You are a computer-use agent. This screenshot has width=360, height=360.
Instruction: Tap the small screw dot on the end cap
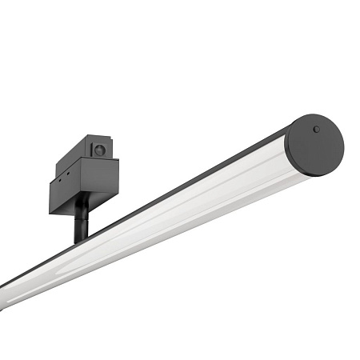coord(316,129)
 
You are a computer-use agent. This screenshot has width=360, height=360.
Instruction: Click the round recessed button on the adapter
coord(99,150)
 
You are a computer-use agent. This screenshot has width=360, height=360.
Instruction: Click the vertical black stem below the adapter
coord(81,224)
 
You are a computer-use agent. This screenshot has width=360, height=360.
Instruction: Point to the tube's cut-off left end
coord(6,293)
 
